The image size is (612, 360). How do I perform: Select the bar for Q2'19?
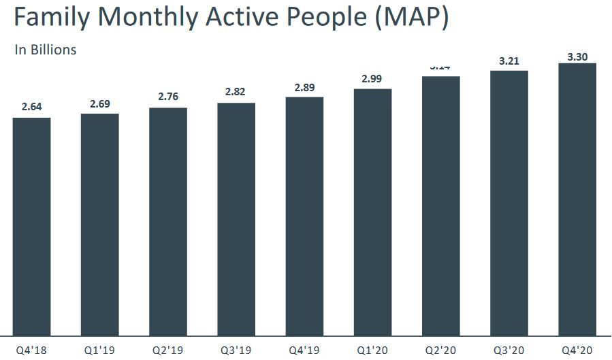(x=167, y=221)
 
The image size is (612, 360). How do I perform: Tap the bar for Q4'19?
(x=304, y=216)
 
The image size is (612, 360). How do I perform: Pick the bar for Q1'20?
(x=372, y=212)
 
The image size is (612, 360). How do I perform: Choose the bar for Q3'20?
(x=509, y=203)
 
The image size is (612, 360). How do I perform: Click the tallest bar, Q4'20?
(x=577, y=199)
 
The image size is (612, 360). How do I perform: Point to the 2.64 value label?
(x=31, y=107)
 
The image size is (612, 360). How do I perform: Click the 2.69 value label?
(x=99, y=103)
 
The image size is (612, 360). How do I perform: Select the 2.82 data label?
(x=236, y=93)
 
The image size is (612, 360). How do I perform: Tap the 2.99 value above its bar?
(x=372, y=79)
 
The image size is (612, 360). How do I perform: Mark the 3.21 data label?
(x=509, y=61)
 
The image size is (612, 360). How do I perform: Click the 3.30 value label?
(x=577, y=56)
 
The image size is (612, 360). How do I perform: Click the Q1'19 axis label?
(x=99, y=350)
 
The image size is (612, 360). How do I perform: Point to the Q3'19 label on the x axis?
(x=236, y=350)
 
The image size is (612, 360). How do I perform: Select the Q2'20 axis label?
(x=440, y=350)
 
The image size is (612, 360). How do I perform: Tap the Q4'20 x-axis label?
(x=577, y=350)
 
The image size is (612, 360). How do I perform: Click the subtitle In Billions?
(x=45, y=50)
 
